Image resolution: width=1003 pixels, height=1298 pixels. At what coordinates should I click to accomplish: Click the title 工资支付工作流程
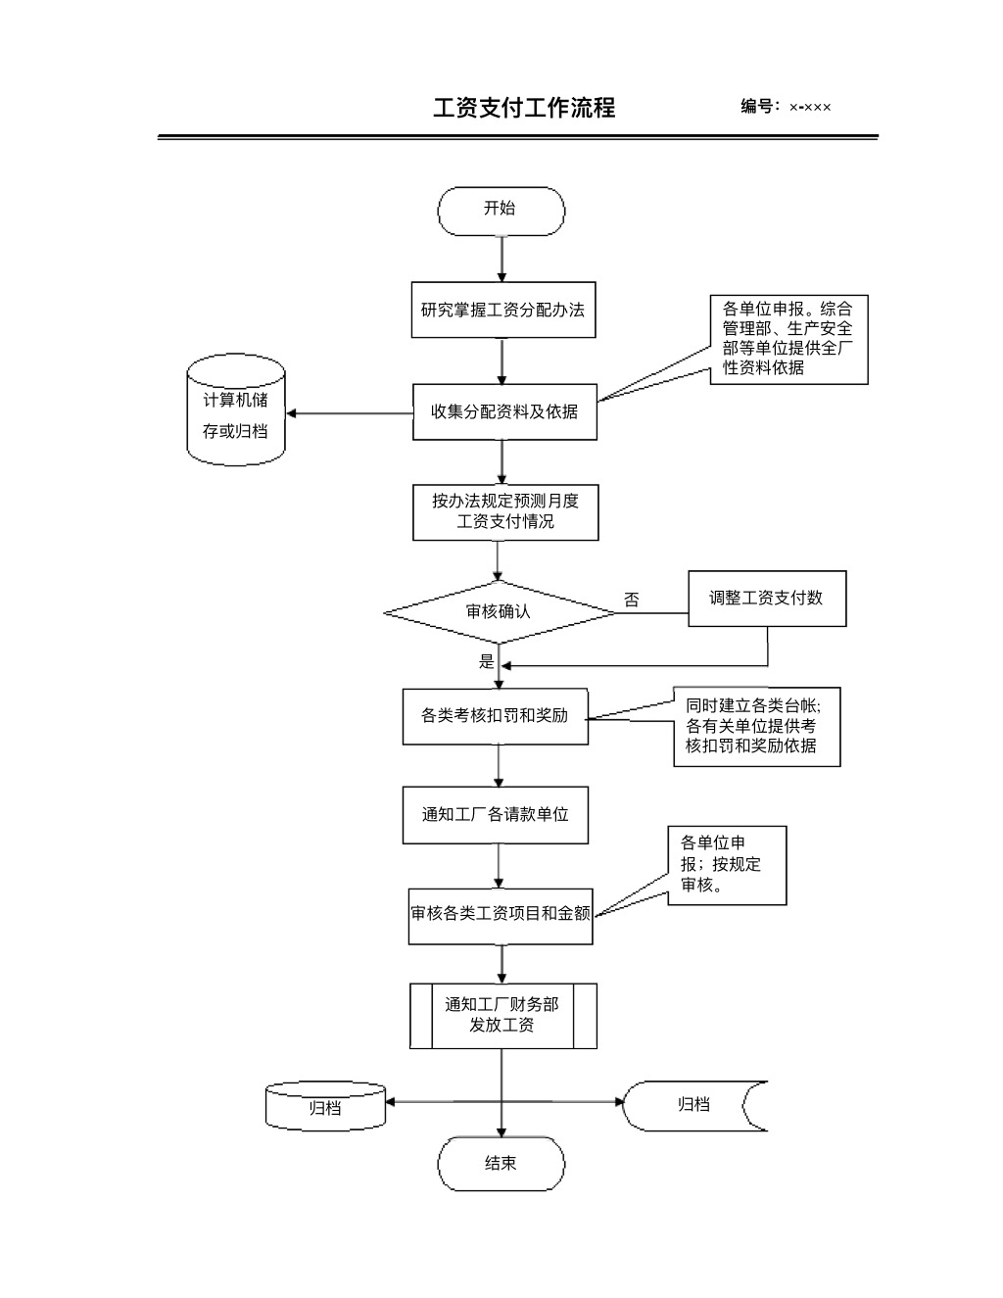(x=524, y=108)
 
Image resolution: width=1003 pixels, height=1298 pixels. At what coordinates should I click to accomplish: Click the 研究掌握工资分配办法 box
(x=502, y=311)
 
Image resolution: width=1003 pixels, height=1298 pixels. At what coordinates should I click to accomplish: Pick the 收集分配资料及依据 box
(x=504, y=412)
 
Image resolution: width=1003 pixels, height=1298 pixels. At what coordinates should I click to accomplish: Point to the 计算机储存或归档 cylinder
(x=236, y=413)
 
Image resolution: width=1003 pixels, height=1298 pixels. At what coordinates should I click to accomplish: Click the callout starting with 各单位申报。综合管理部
(x=788, y=339)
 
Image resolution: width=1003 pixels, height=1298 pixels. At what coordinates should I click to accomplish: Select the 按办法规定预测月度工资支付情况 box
(x=505, y=512)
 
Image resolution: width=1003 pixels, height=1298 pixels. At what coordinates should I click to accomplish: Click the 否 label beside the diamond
(x=632, y=601)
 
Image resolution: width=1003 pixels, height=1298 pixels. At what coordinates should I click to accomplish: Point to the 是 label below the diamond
(x=487, y=662)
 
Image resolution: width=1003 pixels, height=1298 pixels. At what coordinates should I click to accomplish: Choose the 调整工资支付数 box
(x=766, y=599)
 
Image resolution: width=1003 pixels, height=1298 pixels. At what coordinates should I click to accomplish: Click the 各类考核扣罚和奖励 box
(x=495, y=716)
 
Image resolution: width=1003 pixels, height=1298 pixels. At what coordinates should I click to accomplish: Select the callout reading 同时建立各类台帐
(x=755, y=726)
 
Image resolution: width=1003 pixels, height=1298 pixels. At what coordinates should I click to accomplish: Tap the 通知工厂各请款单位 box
(x=495, y=815)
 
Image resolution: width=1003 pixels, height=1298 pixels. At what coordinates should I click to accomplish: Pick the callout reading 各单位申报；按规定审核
(x=727, y=865)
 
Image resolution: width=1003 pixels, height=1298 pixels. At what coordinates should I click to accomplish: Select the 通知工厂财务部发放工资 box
(x=502, y=1016)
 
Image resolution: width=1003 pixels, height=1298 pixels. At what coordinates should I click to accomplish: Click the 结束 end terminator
(x=501, y=1164)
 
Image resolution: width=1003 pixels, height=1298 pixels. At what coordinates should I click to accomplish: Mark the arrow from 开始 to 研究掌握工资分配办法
(x=502, y=260)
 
